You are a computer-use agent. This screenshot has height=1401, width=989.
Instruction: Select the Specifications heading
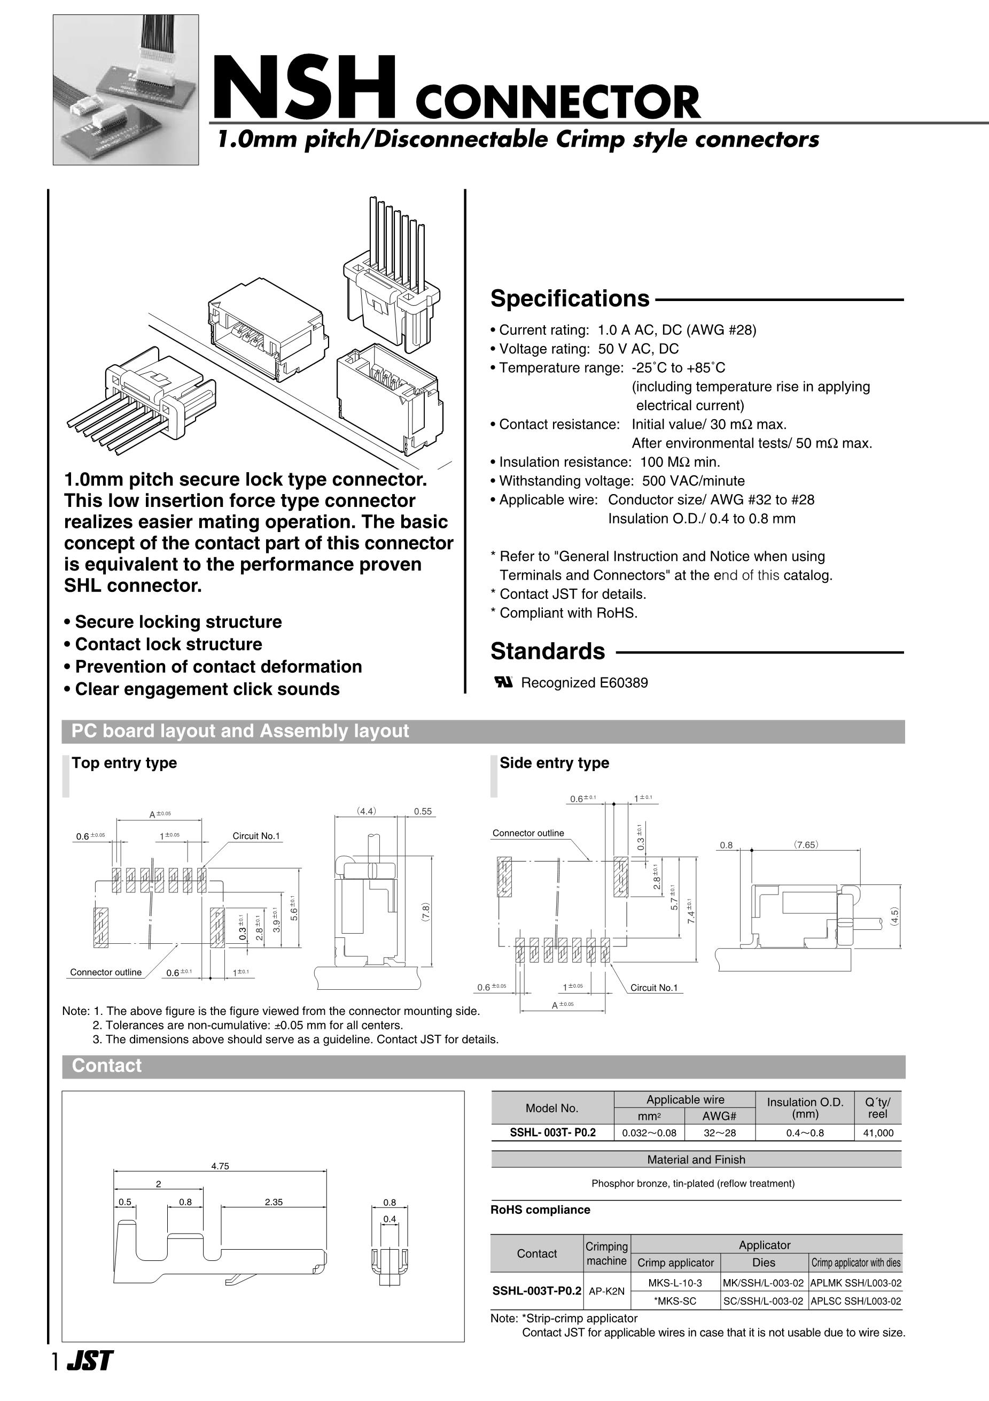(x=570, y=299)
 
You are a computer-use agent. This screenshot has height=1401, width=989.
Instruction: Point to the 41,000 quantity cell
(x=877, y=1133)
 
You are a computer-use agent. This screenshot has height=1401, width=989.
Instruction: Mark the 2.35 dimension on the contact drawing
(x=274, y=1202)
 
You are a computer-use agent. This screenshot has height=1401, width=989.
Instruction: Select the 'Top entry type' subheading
(x=124, y=763)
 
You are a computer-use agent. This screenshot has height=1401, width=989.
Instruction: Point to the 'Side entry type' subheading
(x=554, y=763)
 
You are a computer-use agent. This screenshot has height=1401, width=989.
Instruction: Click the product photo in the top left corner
(x=126, y=90)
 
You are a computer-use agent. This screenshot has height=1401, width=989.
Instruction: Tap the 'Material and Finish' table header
(x=696, y=1159)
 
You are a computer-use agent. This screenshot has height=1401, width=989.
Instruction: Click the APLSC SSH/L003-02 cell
(x=855, y=1301)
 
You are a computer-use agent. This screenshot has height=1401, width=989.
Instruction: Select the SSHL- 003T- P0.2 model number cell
(x=552, y=1133)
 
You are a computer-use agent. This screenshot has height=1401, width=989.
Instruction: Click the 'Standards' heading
(x=548, y=652)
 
